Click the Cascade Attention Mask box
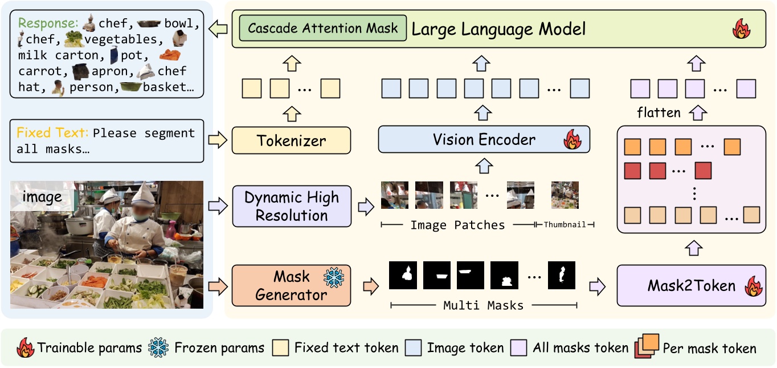[323, 29]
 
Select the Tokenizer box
[291, 140]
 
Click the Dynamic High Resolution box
[291, 206]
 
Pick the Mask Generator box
[291, 285]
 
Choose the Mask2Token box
[692, 285]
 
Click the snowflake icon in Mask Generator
[333, 277]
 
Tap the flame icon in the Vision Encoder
[572, 140]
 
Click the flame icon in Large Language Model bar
[741, 29]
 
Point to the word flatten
[659, 112]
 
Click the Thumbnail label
[564, 225]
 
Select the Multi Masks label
[483, 306]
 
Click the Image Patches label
[457, 225]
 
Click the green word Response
[48, 24]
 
